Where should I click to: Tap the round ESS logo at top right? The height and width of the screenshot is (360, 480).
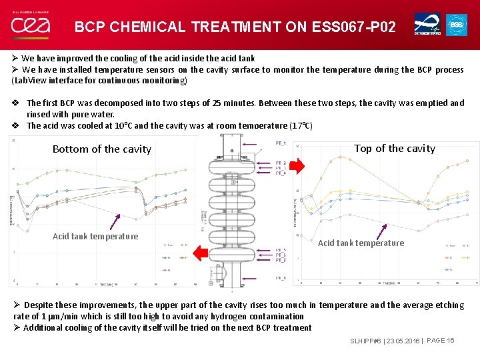tap(456, 25)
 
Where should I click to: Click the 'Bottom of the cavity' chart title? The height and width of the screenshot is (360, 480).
tap(102, 149)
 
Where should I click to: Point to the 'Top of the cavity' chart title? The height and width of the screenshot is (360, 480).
tap(394, 149)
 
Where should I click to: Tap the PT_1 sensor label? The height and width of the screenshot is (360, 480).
tap(281, 144)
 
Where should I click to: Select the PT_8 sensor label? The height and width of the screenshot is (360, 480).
tap(281, 278)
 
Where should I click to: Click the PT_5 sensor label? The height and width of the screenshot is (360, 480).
tap(281, 251)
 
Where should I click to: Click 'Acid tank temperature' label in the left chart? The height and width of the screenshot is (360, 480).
tap(95, 236)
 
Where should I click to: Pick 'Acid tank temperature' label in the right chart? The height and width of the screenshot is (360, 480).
tap(361, 243)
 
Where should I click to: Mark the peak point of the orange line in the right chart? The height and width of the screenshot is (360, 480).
tap(340, 157)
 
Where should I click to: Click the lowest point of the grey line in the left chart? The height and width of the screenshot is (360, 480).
tap(27, 231)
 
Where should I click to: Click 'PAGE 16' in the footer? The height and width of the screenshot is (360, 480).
tap(440, 341)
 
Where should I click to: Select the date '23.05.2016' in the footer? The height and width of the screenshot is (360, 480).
tap(401, 341)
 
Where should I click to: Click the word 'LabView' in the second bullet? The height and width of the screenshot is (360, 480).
tap(28, 81)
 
